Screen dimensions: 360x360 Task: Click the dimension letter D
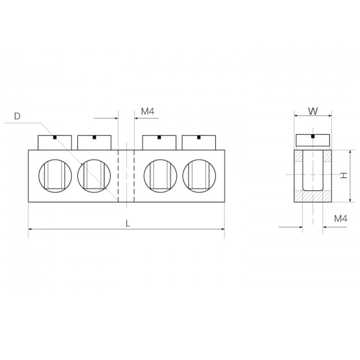point(17,116)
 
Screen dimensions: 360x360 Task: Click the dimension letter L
point(128,223)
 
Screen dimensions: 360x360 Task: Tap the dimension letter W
point(313,111)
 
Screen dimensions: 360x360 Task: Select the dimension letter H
point(344,176)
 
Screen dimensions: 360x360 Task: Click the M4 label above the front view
point(147,111)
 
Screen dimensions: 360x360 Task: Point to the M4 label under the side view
point(341,219)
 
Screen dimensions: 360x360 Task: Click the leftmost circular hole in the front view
point(55,176)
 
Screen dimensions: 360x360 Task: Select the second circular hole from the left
point(94,176)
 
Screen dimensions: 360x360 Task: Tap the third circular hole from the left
point(160,176)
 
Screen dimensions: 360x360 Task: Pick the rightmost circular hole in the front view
point(199,176)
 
